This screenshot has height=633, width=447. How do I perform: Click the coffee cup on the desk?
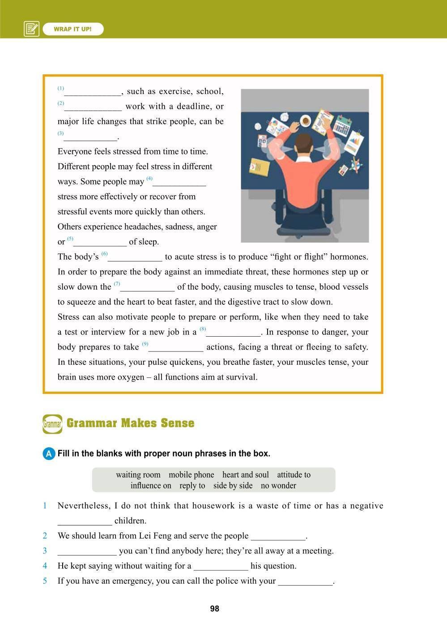click(306, 120)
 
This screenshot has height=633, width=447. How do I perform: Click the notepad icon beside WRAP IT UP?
click(31, 29)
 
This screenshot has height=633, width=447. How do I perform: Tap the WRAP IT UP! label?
click(73, 29)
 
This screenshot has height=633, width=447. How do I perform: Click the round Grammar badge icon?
click(52, 424)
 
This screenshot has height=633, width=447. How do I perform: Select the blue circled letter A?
click(49, 453)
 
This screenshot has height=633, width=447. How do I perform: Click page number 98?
click(215, 608)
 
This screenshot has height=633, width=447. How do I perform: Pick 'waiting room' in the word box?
click(138, 475)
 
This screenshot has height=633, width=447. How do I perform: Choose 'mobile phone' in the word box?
click(192, 475)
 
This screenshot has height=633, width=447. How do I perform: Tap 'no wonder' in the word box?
click(278, 486)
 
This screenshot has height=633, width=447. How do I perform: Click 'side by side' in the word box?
click(233, 486)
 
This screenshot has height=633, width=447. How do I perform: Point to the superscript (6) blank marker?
click(104, 254)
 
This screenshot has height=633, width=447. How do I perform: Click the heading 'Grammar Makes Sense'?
click(130, 423)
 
